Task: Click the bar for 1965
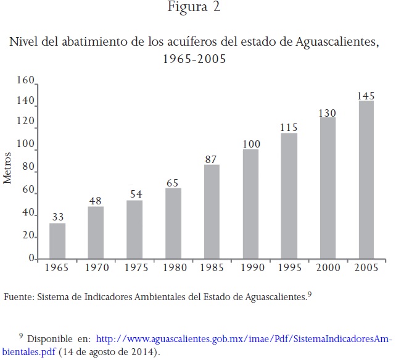57,241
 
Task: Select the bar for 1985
212,212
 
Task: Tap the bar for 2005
366,180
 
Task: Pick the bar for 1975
134,229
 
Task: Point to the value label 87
212,159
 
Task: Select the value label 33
57,217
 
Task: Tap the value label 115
289,128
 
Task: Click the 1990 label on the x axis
250,268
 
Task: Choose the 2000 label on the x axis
328,268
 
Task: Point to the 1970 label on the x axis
96,268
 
